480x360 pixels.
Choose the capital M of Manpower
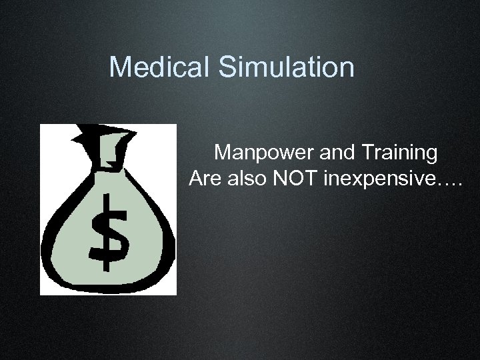pyautogui.click(x=223, y=153)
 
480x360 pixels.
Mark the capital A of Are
pyautogui.click(x=196, y=179)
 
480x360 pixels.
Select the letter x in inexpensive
pyautogui.click(x=361, y=180)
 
